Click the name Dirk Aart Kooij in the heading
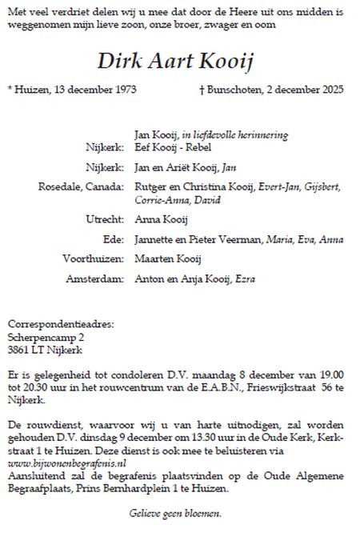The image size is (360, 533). click(x=179, y=60)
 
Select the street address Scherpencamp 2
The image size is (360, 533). click(x=46, y=337)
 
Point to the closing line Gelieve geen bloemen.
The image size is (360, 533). click(x=174, y=513)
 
